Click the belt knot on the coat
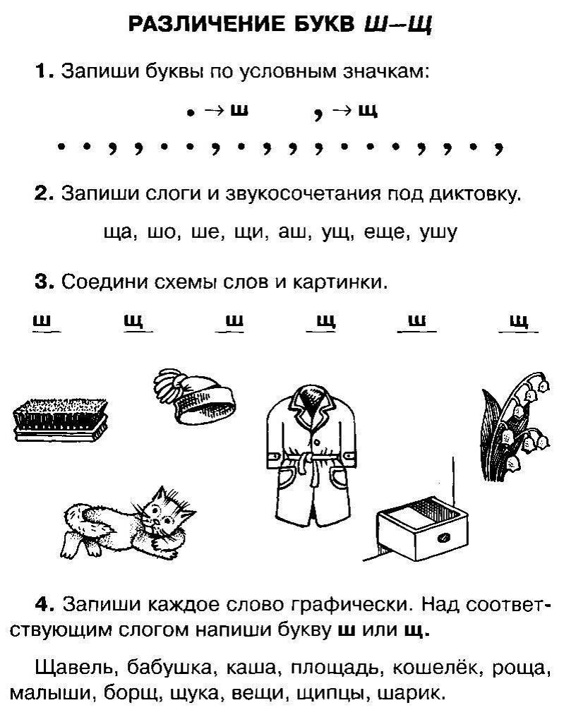coord(305,464)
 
